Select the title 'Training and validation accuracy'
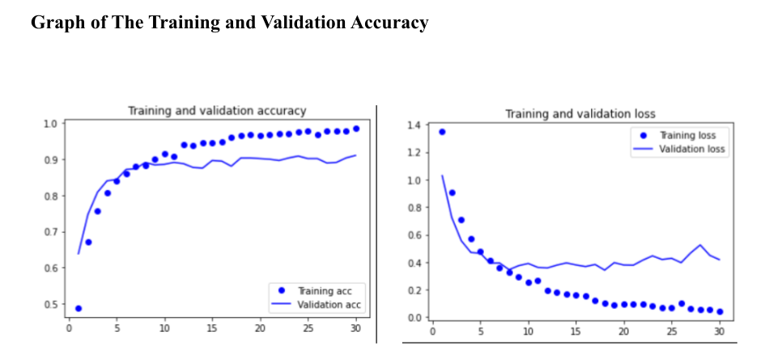(217, 111)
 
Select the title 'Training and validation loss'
(580, 114)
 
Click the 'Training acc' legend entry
(331, 290)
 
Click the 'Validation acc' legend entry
(329, 304)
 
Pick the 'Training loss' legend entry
(693, 135)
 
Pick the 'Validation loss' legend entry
(692, 149)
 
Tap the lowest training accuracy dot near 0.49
(79, 308)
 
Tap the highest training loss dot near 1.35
(442, 132)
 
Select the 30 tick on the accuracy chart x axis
(355, 328)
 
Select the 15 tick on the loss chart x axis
(576, 331)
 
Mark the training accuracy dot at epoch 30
(355, 129)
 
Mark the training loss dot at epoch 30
(719, 311)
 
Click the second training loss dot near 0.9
(452, 193)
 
